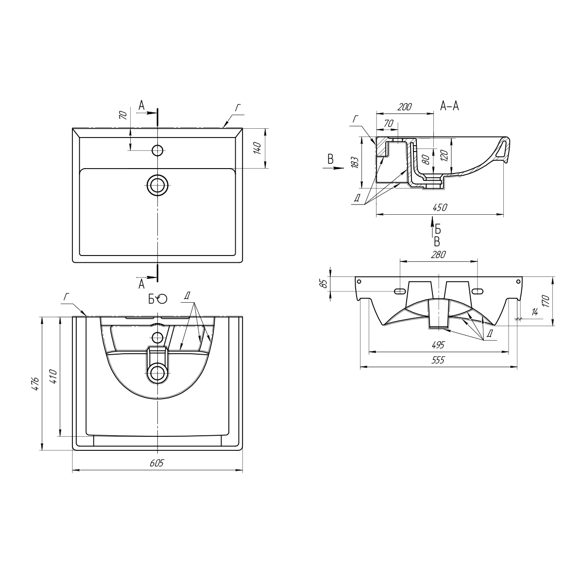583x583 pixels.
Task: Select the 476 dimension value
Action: pos(35,384)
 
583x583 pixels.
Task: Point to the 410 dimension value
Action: pos(53,377)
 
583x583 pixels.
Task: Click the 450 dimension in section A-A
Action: pos(440,207)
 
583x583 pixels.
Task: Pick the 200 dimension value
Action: pos(405,107)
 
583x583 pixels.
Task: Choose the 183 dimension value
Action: pos(355,162)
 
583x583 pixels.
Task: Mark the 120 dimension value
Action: pos(444,155)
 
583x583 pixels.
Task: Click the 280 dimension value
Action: pos(438,255)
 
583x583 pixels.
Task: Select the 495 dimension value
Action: pos(438,344)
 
